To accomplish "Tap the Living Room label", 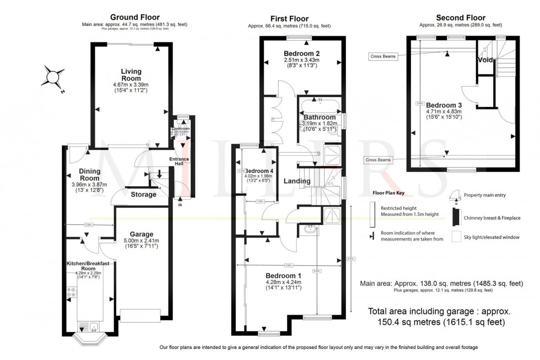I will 131,75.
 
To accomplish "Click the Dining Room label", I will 89,175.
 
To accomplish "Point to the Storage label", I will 143,194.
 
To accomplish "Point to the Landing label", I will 298,181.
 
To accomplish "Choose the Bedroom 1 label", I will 283,275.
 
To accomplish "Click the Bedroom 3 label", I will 444,105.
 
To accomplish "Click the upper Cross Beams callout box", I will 384,56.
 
